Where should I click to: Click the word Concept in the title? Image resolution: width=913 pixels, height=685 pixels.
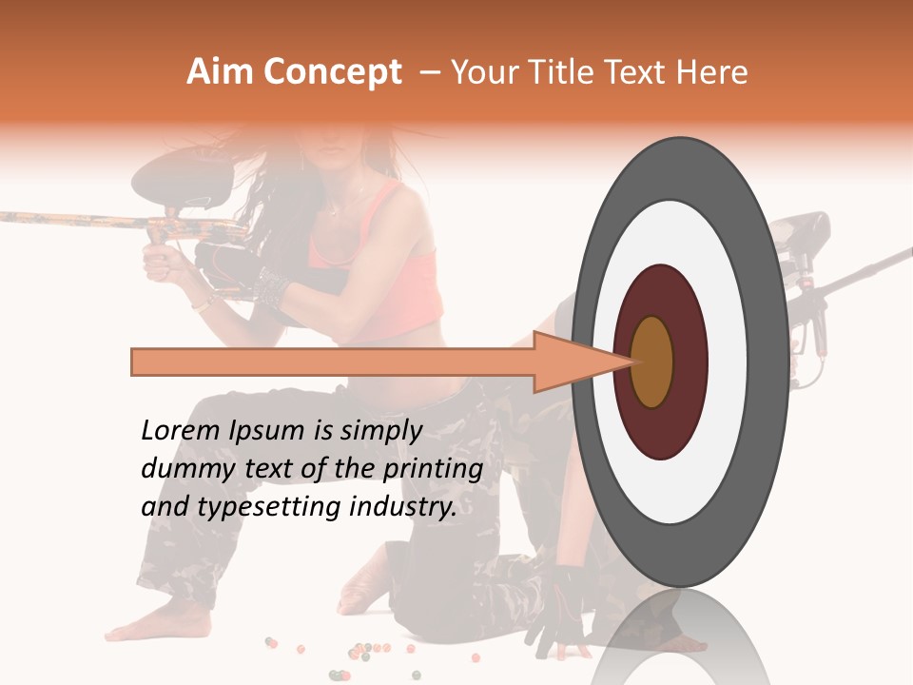[332, 72]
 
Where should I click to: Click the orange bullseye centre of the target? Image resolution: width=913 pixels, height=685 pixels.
[651, 362]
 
